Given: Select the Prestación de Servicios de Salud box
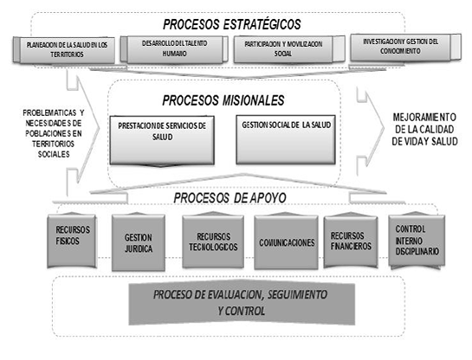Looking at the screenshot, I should [x=163, y=139].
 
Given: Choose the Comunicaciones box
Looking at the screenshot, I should [x=285, y=244].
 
